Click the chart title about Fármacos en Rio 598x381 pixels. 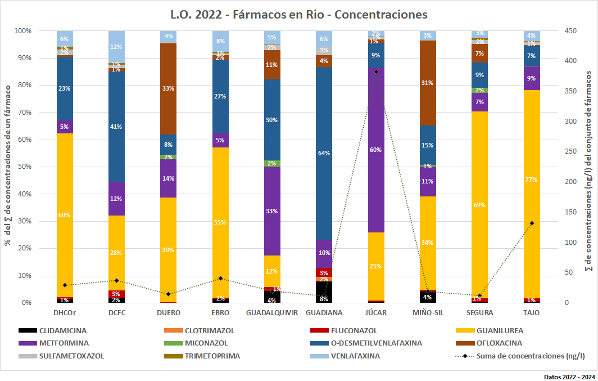coord(299,13)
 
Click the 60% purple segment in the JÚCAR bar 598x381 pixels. coord(376,150)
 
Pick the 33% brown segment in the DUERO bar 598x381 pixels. coord(169,88)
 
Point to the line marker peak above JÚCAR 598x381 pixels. coord(376,71)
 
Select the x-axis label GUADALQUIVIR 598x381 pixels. coord(272,313)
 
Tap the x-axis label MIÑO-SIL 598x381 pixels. coord(428,313)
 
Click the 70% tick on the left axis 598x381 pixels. coord(23,113)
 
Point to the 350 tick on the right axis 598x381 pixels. coord(571,91)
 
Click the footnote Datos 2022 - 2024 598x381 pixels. coord(568,376)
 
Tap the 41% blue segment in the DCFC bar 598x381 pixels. coord(117,127)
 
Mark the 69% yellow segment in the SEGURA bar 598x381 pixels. coord(479,205)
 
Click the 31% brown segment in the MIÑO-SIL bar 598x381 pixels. coord(428,83)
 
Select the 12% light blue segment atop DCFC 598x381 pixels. coord(117,47)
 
